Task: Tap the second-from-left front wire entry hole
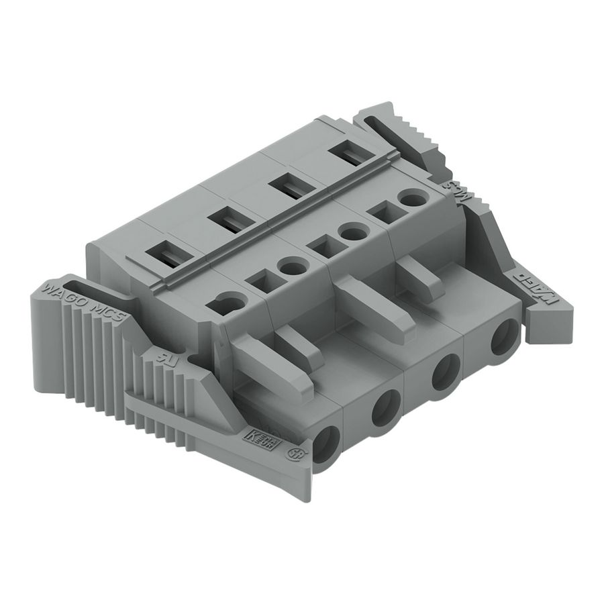386,407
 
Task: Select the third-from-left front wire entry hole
444,373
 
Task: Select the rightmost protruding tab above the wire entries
419,279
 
